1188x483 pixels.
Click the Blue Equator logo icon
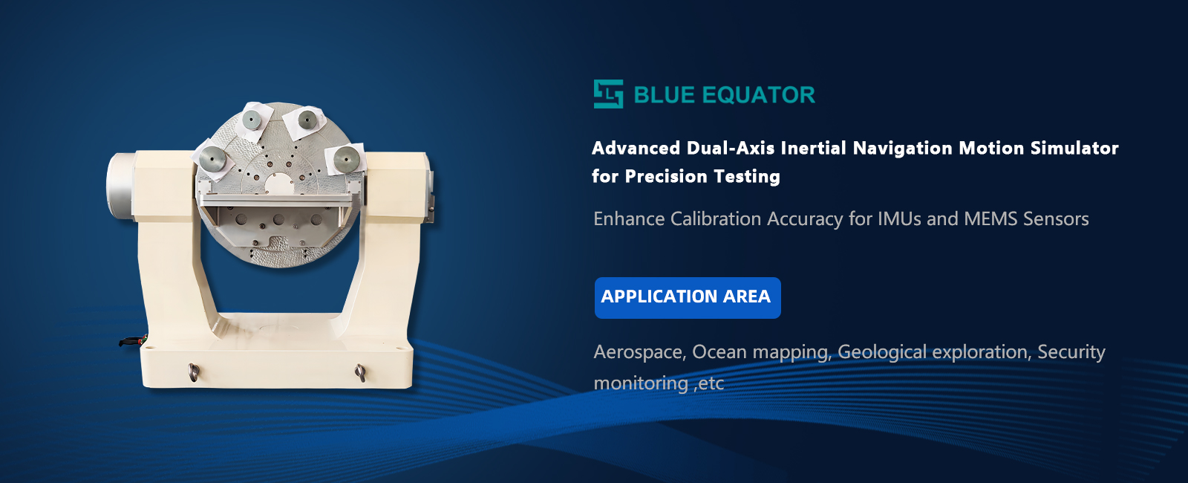[608, 94]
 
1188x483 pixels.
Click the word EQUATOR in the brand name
[758, 95]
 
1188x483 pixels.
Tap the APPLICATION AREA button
[688, 298]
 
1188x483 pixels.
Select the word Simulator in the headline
[1074, 148]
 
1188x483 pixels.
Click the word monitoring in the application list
[641, 383]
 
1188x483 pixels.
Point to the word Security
[1071, 352]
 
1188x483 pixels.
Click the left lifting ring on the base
[194, 372]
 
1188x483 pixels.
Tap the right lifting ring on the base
[360, 372]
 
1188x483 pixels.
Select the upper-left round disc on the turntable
[252, 120]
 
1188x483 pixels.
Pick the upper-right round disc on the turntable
[307, 120]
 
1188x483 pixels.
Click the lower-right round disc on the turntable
[347, 158]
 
